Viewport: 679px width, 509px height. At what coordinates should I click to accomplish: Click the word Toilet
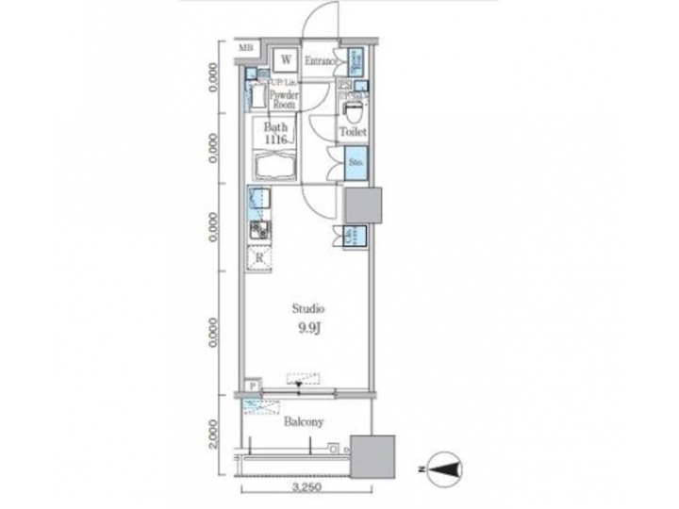[x=354, y=133]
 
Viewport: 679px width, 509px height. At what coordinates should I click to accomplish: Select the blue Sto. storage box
[x=356, y=163]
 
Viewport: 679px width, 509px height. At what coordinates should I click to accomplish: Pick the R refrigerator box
[x=259, y=257]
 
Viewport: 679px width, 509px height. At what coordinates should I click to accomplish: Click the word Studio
[x=307, y=308]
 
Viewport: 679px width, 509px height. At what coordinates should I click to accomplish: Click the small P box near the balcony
[x=251, y=385]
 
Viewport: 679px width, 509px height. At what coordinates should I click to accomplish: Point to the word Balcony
[x=305, y=422]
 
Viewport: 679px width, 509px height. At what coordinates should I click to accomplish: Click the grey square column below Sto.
[x=361, y=205]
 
